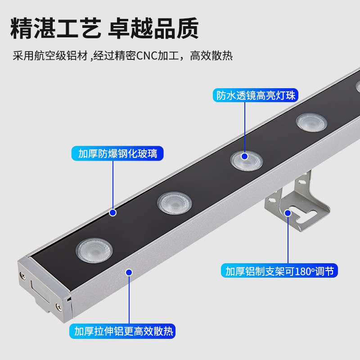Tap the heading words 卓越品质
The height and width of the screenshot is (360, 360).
[153, 29]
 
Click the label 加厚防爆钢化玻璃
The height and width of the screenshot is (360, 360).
[117, 153]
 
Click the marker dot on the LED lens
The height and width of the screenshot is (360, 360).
[245, 156]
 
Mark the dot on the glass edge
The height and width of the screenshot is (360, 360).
[112, 212]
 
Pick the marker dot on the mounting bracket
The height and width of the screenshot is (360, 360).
[288, 212]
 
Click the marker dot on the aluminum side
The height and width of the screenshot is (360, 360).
[129, 272]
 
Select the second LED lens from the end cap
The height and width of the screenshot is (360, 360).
[171, 202]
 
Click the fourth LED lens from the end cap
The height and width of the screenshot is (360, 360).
[311, 122]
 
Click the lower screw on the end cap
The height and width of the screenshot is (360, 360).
[58, 307]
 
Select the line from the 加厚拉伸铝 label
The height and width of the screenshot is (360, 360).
[129, 299]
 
